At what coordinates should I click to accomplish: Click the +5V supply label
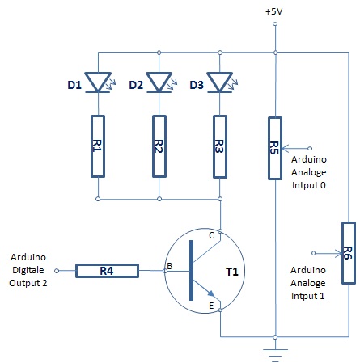point(274,11)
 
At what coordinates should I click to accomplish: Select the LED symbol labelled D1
point(98,82)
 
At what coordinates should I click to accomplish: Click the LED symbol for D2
point(159,82)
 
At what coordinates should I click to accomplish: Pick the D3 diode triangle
point(220,82)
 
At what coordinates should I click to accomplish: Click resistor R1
point(98,146)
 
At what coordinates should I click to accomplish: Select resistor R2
point(159,146)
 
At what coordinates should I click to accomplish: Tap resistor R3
point(220,147)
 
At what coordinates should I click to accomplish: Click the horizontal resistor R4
point(107,271)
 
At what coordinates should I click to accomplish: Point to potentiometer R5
point(275,148)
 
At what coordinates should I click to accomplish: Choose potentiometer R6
point(349,253)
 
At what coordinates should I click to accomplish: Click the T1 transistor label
point(232,272)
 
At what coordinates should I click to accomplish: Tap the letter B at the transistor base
point(169,266)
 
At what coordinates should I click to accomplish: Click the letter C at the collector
point(212,235)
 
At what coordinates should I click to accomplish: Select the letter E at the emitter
point(211,306)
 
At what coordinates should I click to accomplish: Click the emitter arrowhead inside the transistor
point(211,293)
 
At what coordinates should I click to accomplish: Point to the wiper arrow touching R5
point(295,148)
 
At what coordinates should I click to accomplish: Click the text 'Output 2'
point(28,283)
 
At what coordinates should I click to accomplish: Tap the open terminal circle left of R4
point(57,271)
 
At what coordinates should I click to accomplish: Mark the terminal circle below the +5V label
point(275,24)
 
